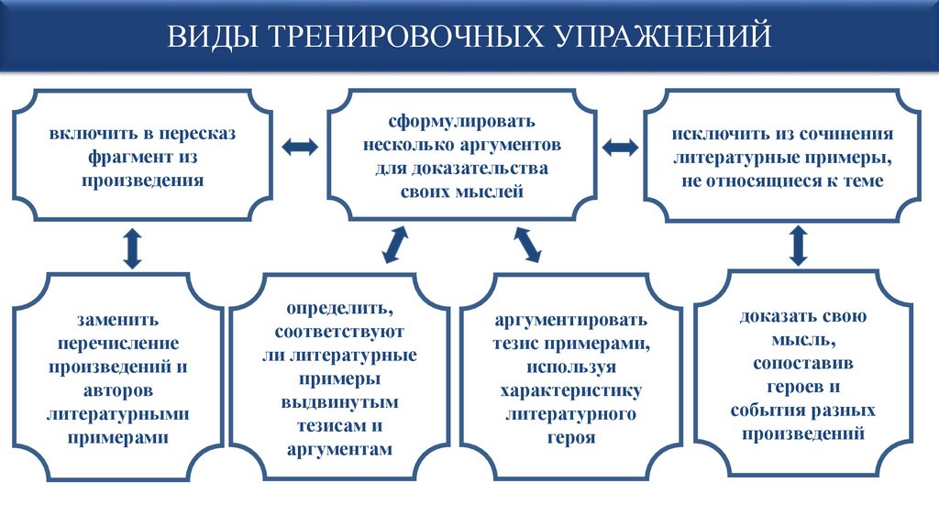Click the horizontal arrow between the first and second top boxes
[x=301, y=147]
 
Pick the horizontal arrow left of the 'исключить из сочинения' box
[x=621, y=147]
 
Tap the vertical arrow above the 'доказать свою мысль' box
[x=798, y=245]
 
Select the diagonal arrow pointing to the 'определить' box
[x=395, y=245]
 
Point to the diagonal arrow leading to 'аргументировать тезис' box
[x=528, y=245]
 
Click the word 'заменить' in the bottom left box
[x=118, y=320]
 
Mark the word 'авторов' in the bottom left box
[x=118, y=391]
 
